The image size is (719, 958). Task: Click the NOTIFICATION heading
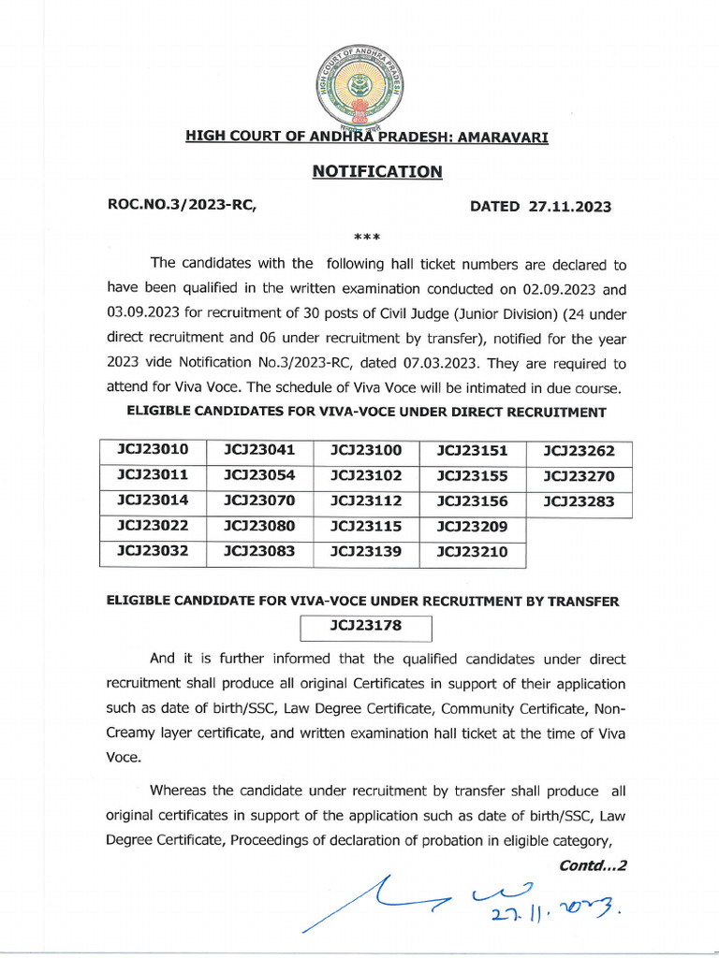click(376, 171)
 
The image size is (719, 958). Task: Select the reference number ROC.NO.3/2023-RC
click(182, 207)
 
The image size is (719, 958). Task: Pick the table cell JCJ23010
click(153, 450)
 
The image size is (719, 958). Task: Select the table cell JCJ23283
click(579, 501)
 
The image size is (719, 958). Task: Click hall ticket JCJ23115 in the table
click(366, 527)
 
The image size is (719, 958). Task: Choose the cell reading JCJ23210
click(472, 552)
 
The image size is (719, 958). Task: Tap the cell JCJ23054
click(259, 475)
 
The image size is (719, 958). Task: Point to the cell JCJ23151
click(472, 450)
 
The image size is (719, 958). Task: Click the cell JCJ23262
click(579, 450)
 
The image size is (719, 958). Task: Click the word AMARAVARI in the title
click(503, 137)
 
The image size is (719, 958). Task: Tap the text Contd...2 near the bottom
click(592, 865)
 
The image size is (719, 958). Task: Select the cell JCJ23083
click(259, 552)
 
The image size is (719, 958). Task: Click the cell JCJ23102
click(366, 475)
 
